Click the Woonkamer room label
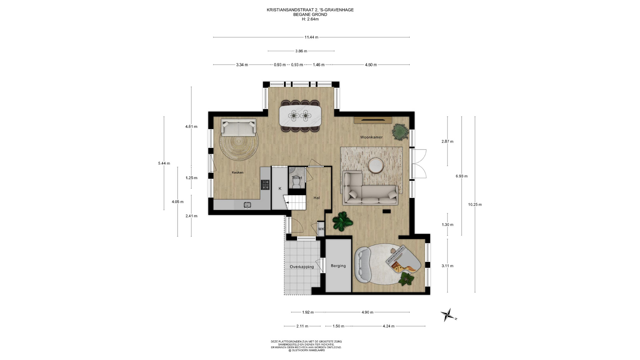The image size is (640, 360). [x=371, y=137]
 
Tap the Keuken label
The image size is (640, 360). [x=238, y=173]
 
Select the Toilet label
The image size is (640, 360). [x=297, y=178]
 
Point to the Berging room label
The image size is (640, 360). [x=338, y=266]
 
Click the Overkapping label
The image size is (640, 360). [x=302, y=267]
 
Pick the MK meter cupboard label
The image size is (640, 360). [x=321, y=229]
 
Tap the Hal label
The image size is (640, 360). [x=317, y=198]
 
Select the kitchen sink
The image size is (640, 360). [x=247, y=205]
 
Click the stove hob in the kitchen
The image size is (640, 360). [x=265, y=185]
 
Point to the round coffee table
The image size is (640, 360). [x=376, y=166]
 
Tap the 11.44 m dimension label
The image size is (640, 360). [x=311, y=37]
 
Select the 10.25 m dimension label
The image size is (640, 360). [x=475, y=205]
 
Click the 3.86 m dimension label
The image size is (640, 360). [x=301, y=51]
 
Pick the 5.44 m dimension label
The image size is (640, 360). [x=164, y=163]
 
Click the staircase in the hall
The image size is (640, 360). [x=295, y=203]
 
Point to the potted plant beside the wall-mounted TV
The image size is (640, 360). [x=400, y=131]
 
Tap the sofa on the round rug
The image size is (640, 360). [x=239, y=127]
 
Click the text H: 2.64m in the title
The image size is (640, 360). [x=310, y=19]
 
